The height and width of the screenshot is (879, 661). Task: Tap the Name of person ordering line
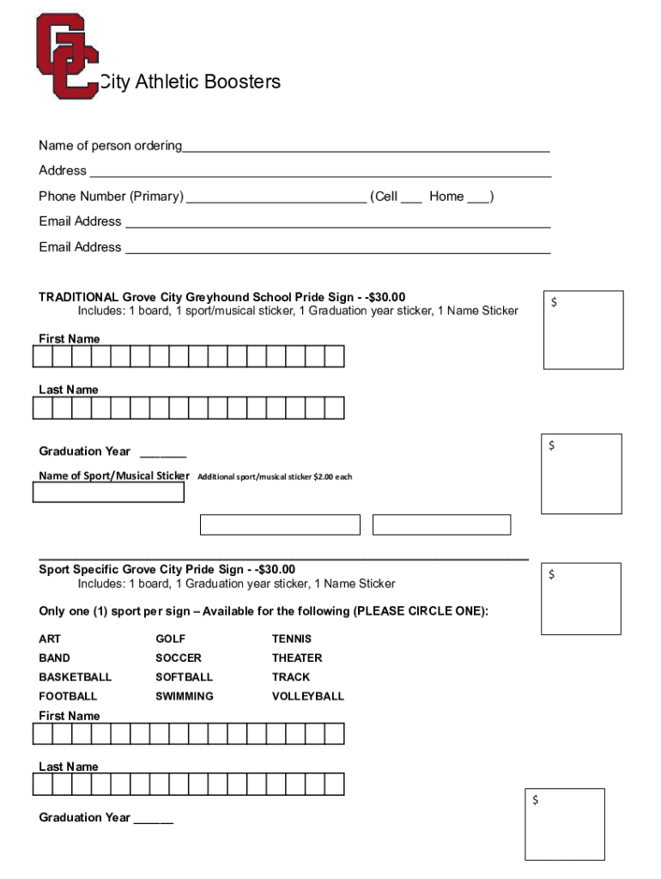pos(365,146)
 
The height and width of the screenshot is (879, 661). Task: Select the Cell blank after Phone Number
pos(411,197)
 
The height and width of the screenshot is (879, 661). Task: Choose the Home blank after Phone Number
pos(479,197)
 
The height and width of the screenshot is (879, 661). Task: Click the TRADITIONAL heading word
pos(78,297)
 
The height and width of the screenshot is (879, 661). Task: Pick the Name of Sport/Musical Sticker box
pos(108,492)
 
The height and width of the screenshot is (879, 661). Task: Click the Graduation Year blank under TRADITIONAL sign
pos(162,452)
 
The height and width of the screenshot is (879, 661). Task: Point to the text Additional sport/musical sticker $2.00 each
pos(275,476)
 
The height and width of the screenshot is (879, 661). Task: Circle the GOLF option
pos(170,639)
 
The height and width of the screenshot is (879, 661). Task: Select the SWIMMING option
pos(185,696)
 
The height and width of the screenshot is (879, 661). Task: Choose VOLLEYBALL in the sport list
pos(307,696)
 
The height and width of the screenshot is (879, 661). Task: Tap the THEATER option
pos(297,658)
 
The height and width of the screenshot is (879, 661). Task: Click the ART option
pos(50,639)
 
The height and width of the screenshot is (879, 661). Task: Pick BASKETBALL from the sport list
pos(75,676)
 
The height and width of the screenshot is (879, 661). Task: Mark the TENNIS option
pos(292,639)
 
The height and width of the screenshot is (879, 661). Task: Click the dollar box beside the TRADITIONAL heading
pos(584,330)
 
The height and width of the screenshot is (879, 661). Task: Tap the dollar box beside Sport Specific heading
pos(581,598)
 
